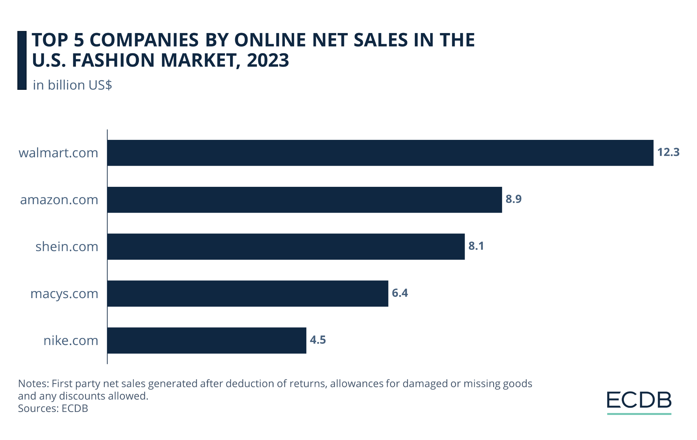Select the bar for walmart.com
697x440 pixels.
(380, 153)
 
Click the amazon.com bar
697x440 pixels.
(305, 200)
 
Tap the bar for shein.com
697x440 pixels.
(286, 246)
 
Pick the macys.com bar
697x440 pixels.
(248, 293)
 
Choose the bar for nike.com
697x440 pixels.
(207, 340)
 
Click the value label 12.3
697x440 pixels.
(668, 152)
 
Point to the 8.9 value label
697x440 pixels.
(513, 199)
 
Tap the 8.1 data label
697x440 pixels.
(476, 246)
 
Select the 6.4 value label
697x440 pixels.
(400, 293)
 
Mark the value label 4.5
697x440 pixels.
(318, 340)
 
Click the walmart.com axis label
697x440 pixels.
(58, 153)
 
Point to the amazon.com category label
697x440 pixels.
(59, 200)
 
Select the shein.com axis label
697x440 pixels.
(67, 246)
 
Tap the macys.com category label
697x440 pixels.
(64, 293)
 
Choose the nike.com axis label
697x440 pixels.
(71, 340)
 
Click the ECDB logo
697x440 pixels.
(639, 402)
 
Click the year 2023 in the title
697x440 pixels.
(268, 60)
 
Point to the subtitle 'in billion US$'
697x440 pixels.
(72, 85)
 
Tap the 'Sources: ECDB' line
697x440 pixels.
(53, 408)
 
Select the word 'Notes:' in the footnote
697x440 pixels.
(33, 384)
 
